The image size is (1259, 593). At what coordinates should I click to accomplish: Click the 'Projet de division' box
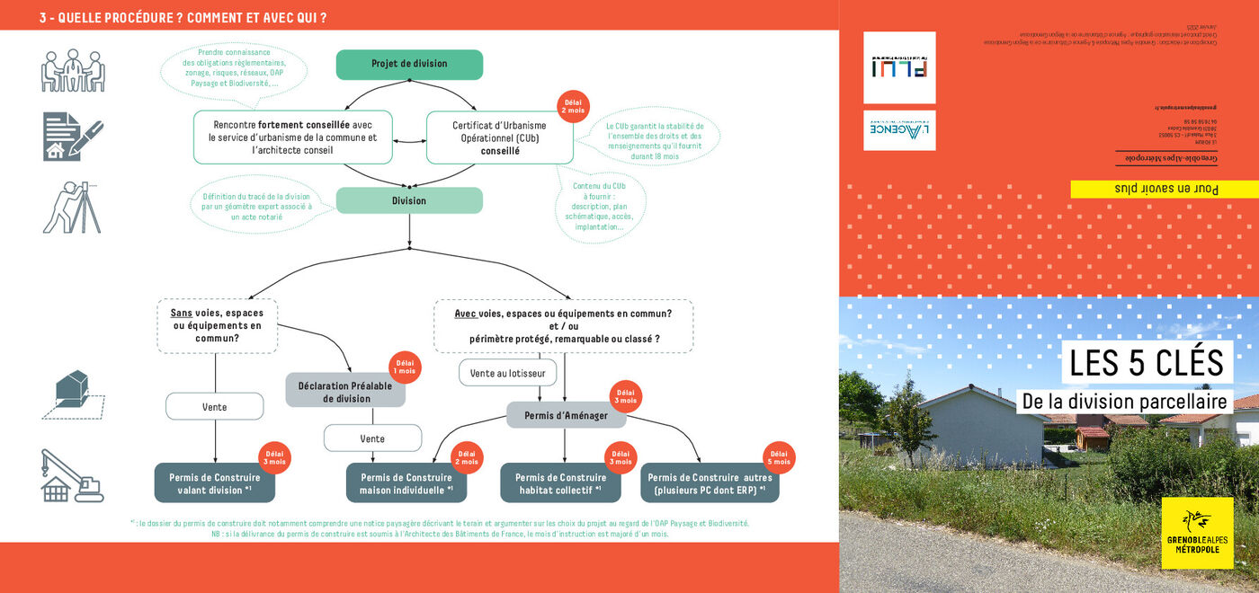(x=409, y=64)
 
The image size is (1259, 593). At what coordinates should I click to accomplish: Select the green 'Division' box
(x=409, y=200)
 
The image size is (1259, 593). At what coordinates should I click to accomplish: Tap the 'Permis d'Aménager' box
(x=566, y=415)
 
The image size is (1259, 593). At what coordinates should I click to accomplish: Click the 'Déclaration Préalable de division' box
(x=346, y=392)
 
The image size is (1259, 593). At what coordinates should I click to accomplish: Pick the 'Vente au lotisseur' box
(x=507, y=372)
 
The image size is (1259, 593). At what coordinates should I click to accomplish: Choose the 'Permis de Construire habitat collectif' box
(x=560, y=483)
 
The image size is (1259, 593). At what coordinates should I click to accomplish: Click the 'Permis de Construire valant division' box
(x=215, y=483)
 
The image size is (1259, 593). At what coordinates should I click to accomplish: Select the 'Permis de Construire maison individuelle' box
(x=406, y=483)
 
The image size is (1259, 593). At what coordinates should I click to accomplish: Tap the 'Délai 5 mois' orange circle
(x=779, y=458)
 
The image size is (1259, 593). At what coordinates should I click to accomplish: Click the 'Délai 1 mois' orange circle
(x=406, y=366)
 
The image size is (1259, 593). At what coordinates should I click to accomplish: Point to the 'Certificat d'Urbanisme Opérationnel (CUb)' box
(x=499, y=137)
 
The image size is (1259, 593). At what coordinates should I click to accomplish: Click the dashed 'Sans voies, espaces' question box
(x=217, y=325)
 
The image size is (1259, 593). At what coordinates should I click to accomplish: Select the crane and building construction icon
(x=73, y=476)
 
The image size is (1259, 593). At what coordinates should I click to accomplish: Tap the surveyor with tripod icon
(x=72, y=208)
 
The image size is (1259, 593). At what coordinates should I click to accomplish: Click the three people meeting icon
(x=73, y=70)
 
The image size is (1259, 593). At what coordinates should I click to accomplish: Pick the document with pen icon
(x=73, y=137)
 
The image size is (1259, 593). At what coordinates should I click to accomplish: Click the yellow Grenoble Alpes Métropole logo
(x=1197, y=534)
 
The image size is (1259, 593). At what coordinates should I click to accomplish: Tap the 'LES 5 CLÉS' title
(x=1146, y=363)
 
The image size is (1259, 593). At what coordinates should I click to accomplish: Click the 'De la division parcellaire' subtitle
(x=1124, y=401)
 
